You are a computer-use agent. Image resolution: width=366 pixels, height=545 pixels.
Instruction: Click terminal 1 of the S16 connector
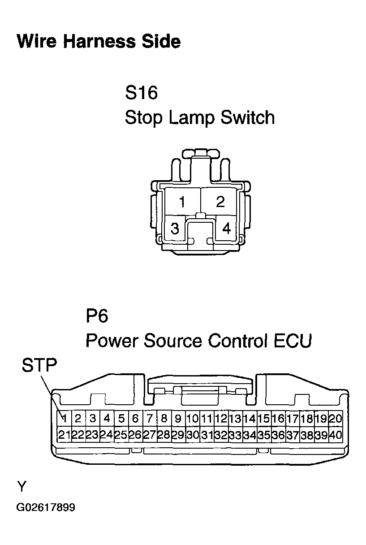[182, 201]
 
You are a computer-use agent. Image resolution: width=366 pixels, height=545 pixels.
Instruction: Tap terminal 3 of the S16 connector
[175, 228]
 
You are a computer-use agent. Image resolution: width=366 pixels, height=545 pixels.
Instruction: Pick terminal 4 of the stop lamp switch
[226, 228]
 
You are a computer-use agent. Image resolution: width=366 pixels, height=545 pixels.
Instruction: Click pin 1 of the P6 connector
[64, 419]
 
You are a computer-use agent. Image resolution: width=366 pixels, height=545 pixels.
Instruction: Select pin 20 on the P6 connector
[336, 419]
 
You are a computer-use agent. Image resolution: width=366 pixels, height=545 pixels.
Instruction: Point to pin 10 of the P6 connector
[193, 419]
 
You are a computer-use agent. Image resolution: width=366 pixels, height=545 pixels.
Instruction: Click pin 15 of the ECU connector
[264, 419]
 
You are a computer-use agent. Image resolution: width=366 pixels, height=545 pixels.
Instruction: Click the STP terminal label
[39, 365]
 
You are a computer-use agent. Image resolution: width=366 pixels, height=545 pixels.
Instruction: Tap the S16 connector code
[141, 92]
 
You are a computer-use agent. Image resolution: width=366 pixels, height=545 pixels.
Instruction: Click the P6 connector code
[97, 316]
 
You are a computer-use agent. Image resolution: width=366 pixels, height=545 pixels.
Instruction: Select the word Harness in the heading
[99, 41]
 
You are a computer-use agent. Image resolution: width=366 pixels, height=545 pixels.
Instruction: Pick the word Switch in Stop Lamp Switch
[248, 117]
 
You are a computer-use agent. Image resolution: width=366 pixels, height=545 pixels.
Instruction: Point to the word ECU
[293, 341]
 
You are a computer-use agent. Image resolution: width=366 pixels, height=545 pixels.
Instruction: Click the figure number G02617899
[46, 507]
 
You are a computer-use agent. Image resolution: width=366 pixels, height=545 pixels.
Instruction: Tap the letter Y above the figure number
[22, 487]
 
